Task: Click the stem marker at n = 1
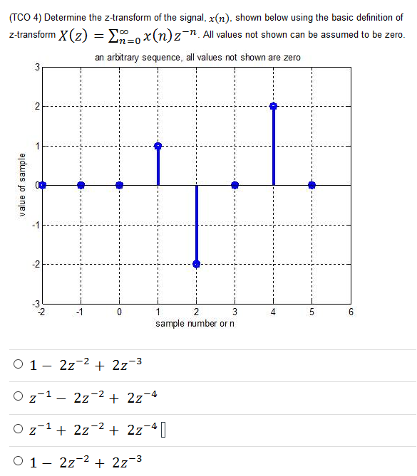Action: [x=158, y=146]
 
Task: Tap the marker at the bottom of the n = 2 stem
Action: [x=197, y=264]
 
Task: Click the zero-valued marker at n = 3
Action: [x=235, y=185]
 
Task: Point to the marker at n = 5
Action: [x=312, y=185]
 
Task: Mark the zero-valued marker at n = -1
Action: [x=81, y=185]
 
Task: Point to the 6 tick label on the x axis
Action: [x=350, y=312]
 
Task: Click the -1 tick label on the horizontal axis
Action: [x=81, y=312]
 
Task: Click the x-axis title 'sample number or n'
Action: [x=196, y=324]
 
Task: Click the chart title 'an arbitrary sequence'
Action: [x=197, y=57]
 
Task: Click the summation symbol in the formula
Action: [x=106, y=35]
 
